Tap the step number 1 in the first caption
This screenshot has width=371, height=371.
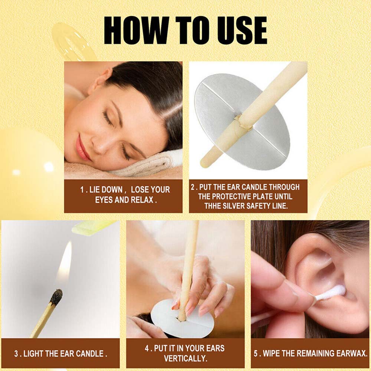pos(82,190)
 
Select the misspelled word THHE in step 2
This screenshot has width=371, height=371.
pos(212,206)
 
